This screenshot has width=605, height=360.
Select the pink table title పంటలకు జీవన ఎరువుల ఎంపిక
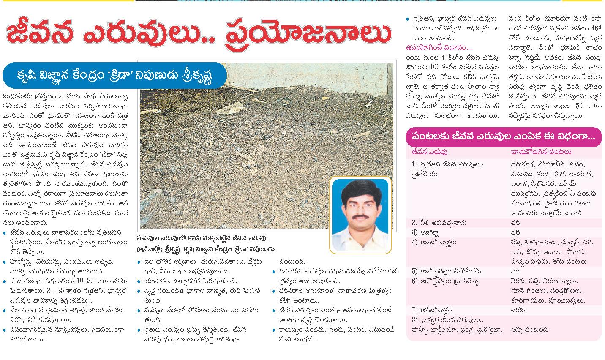pos(503,136)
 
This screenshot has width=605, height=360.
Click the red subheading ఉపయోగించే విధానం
pos(438,47)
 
